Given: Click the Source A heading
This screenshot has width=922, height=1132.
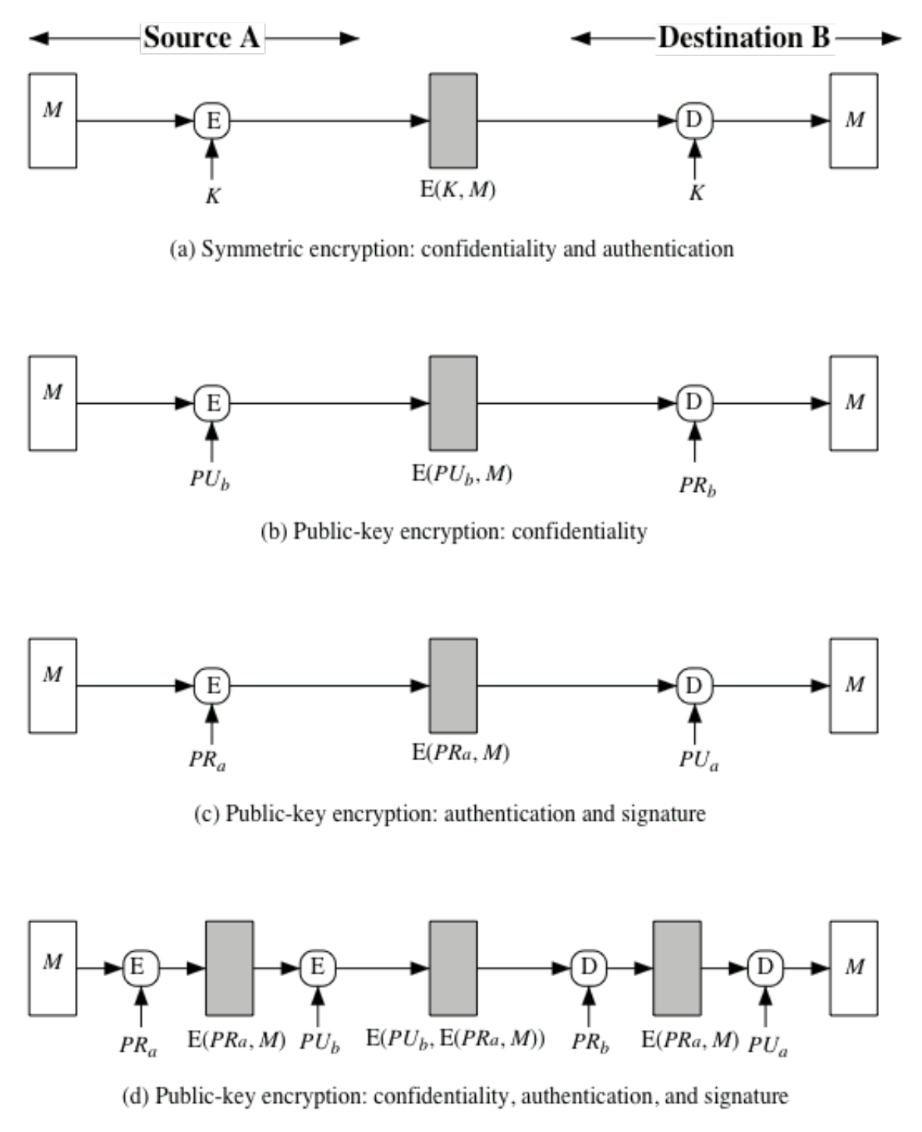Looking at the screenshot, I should click(201, 37).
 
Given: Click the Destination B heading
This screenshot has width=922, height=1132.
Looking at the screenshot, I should click(743, 37).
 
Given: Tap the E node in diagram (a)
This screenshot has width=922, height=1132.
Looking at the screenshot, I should click(212, 121).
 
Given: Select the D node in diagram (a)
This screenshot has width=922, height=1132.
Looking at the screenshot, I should click(693, 121).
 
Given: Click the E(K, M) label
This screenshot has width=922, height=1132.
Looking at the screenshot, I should click(457, 189).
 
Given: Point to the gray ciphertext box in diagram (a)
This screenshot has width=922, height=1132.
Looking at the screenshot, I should click(453, 121).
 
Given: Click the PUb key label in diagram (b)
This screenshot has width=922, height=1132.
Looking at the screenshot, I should click(210, 479).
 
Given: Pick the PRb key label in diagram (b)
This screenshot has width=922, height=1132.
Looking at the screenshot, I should click(697, 485).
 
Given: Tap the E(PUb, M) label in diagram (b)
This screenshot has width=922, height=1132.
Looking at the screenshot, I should click(462, 473).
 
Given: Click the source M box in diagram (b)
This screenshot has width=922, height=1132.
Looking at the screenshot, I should click(52, 403).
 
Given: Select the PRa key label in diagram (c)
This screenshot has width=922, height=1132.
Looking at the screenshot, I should click(207, 759).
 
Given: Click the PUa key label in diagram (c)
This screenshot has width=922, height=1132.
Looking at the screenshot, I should click(699, 759).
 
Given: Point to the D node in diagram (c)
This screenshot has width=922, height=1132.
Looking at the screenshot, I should click(693, 685).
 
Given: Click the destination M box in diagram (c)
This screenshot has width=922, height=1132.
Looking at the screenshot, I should click(853, 685).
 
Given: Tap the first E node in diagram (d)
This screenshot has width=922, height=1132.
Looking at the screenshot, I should click(140, 968).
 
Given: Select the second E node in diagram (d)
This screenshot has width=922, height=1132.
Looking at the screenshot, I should click(317, 968).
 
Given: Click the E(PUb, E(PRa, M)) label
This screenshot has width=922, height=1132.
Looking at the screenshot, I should click(456, 1038).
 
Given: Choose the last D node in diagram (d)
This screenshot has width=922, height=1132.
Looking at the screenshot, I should click(764, 968).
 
